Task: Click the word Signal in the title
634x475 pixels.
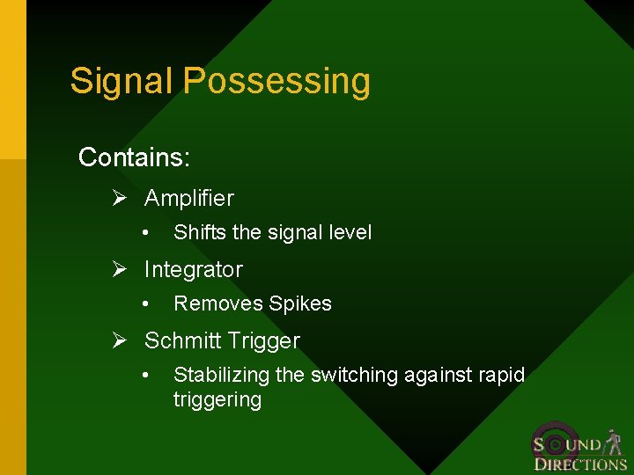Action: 122,81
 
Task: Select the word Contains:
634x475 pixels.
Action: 134,157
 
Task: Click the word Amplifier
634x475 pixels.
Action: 189,199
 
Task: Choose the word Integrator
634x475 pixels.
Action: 193,270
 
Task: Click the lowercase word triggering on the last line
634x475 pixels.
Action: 217,400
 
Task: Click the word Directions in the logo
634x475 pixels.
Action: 580,464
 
